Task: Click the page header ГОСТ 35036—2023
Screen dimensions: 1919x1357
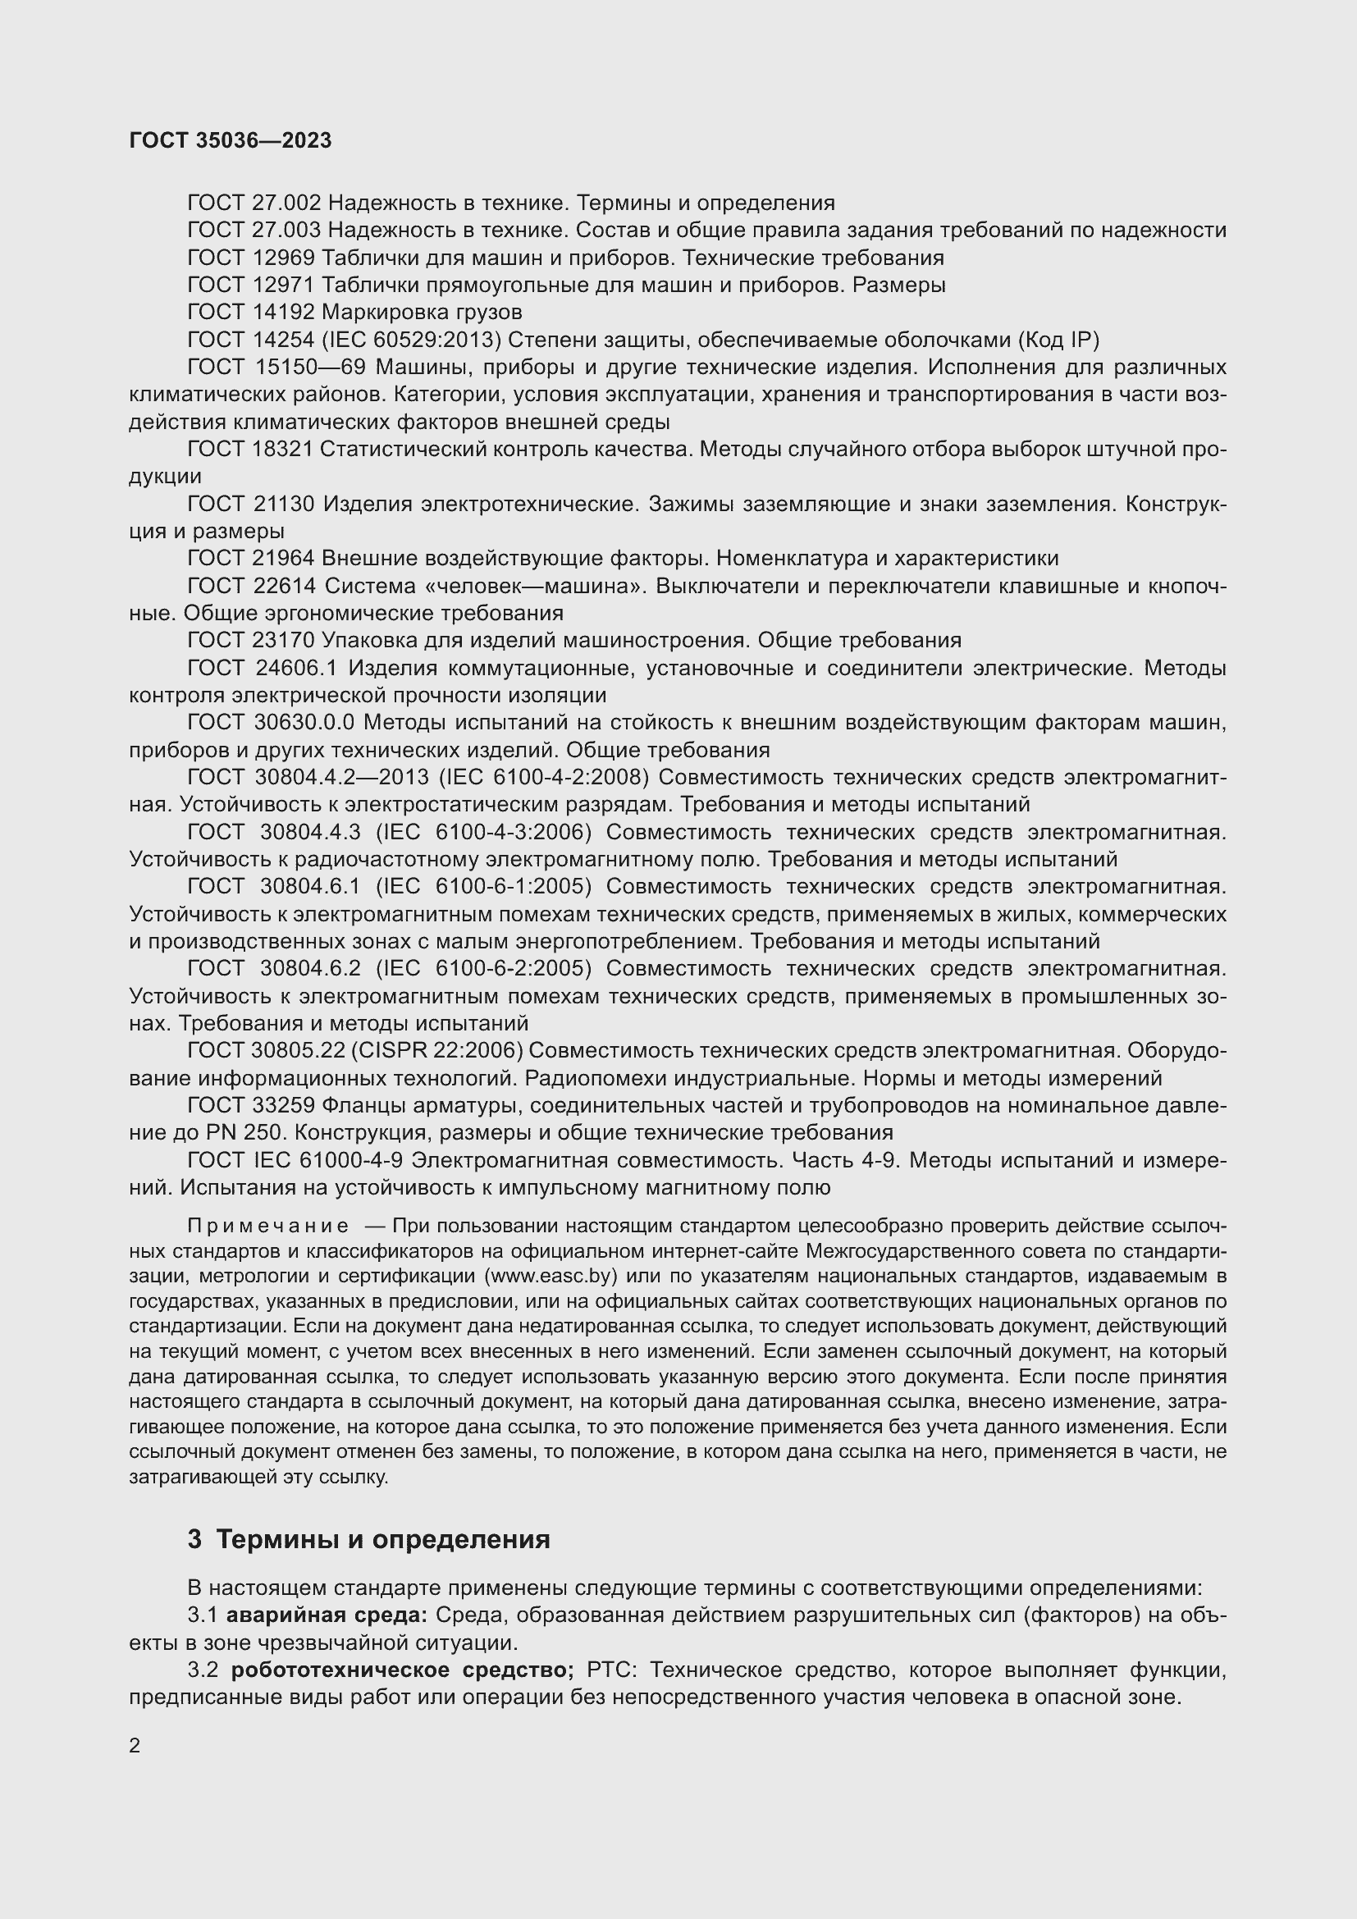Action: click(x=231, y=140)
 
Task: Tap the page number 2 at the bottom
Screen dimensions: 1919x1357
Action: click(x=135, y=1745)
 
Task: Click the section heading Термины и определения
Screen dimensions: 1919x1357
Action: click(x=382, y=1538)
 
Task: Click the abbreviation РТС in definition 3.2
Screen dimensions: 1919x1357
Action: click(x=611, y=1670)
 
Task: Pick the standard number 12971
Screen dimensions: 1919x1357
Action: click(x=282, y=285)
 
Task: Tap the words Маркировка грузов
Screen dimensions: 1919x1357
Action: click(x=422, y=313)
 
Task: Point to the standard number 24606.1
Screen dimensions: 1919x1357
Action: click(x=295, y=668)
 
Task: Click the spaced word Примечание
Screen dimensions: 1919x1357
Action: click(x=267, y=1226)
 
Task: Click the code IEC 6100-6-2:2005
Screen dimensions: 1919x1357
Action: click(x=483, y=968)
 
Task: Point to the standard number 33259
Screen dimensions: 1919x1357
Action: click(x=282, y=1105)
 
